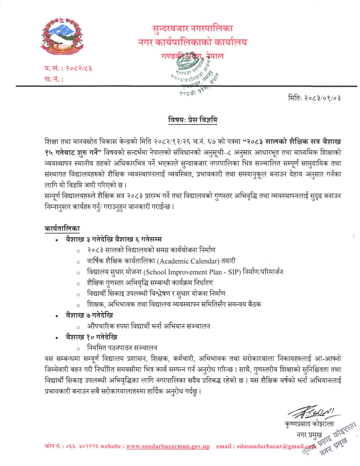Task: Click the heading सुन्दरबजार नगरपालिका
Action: tap(193, 29)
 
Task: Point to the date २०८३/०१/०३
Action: tap(322, 98)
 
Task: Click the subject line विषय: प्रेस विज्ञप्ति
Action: tap(193, 120)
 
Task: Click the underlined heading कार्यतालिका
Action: tap(62, 229)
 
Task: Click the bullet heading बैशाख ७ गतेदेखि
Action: tap(89, 315)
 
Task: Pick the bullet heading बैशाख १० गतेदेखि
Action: tap(91, 337)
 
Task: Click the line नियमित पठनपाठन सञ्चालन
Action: tap(122, 348)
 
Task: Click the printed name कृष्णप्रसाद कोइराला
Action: tap(309, 424)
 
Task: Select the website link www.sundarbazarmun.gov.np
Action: tap(168, 446)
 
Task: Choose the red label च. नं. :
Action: tap(54, 79)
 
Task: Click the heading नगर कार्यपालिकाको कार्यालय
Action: tap(193, 43)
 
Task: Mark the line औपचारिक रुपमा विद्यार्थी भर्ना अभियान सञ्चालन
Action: tap(149, 326)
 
